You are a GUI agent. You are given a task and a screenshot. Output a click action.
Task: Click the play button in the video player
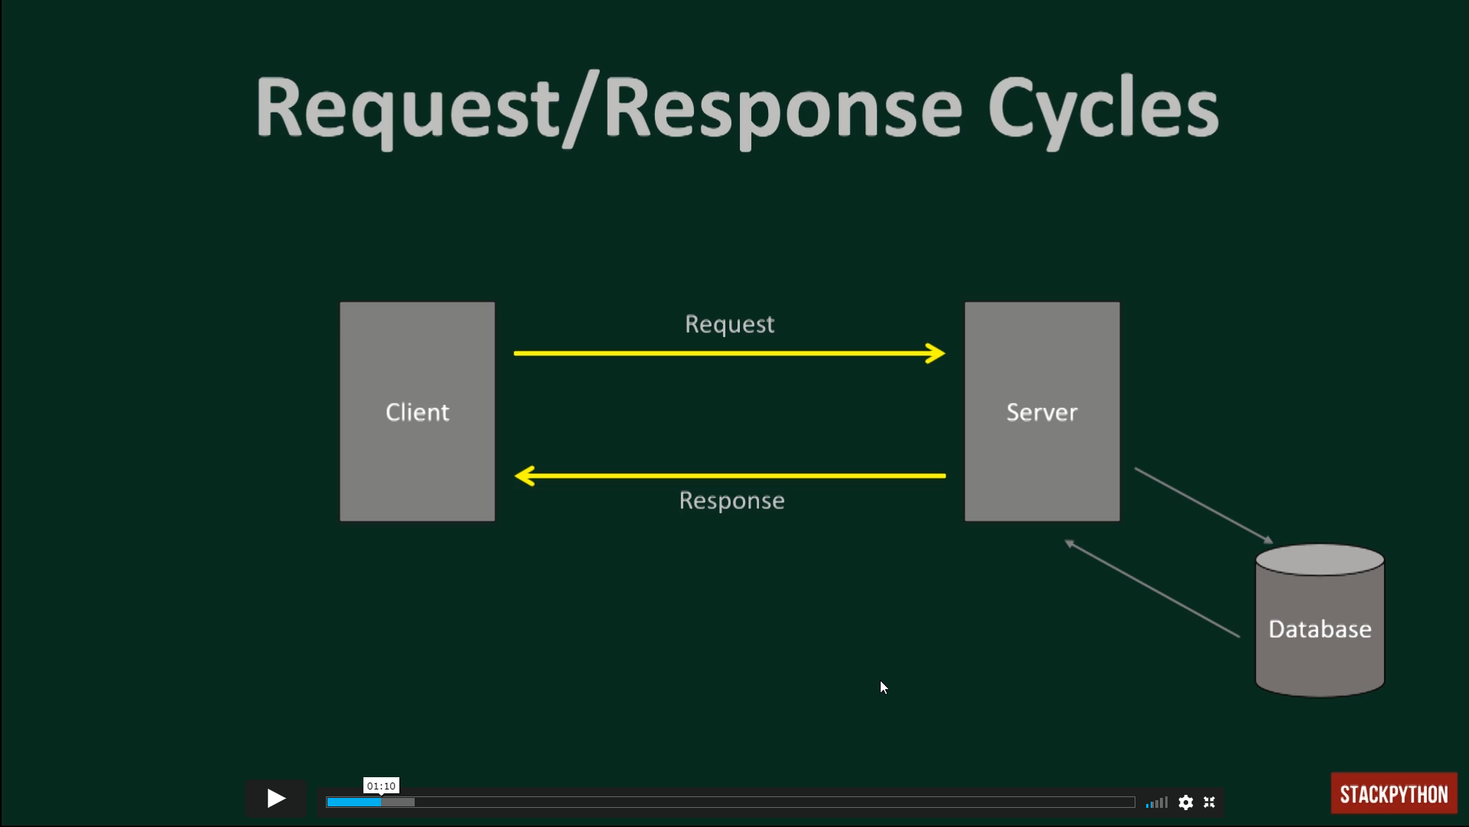276,799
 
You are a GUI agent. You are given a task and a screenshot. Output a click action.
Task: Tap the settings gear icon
1186,802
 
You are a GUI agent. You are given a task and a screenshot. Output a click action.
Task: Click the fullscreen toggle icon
1210,802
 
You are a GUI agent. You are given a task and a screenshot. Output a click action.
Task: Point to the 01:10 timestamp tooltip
381,786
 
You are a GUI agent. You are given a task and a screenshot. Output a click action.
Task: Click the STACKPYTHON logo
1394,793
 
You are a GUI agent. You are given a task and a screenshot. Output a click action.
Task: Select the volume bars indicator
1157,802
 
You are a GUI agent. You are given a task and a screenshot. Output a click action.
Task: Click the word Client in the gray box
417,412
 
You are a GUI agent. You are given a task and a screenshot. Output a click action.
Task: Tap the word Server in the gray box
1041,413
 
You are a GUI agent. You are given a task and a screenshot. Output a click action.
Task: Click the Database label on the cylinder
1320,629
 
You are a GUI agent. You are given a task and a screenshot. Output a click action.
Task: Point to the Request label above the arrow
729,325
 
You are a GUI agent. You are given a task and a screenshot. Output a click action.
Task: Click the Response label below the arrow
731,501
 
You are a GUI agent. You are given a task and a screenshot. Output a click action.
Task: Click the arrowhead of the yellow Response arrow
524,476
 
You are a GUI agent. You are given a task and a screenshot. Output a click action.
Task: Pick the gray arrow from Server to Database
1204,505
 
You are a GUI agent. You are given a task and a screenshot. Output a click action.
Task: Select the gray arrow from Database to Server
1152,588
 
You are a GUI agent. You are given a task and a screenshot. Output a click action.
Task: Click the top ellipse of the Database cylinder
1320,560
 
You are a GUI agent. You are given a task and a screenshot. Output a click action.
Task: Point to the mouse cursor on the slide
884,687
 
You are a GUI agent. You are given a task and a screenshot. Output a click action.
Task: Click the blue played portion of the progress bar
353,802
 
